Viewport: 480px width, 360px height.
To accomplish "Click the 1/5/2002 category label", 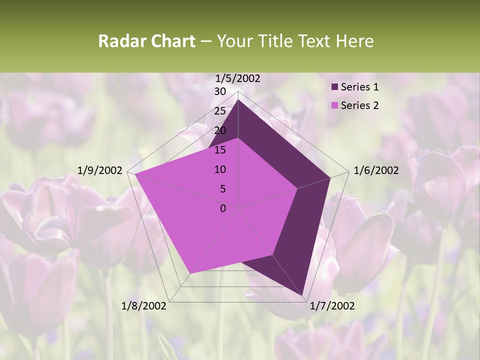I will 238,78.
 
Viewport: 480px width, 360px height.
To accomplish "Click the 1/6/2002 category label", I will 376,170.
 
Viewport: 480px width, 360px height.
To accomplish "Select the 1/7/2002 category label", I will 332,306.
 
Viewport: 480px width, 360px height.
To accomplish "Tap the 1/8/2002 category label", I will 144,306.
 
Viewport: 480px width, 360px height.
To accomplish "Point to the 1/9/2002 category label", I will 100,170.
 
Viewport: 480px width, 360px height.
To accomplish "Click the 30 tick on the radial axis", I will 220,91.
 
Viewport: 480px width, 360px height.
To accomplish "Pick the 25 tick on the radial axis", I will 220,111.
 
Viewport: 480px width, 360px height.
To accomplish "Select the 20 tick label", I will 220,130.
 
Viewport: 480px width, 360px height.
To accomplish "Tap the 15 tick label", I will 220,150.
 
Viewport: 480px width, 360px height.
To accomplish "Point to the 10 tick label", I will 220,169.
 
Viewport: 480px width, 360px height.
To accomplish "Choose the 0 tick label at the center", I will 223,208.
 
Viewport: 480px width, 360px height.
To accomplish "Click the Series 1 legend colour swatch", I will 334,87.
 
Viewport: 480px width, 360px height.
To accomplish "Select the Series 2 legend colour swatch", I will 334,105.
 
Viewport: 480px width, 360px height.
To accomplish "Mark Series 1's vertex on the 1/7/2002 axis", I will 302,295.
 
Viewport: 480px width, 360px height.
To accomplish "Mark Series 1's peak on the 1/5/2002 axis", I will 238,99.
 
